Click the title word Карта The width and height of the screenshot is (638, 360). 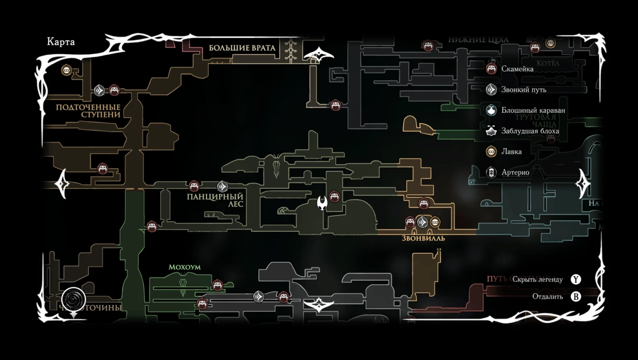click(61, 43)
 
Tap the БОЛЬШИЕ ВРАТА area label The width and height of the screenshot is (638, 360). click(242, 48)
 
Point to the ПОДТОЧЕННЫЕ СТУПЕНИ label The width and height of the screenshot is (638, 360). click(88, 111)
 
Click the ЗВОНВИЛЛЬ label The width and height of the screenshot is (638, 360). click(423, 238)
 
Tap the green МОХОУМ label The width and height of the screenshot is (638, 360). click(184, 267)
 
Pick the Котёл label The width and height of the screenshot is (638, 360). click(548, 63)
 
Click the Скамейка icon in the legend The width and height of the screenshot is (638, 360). click(492, 69)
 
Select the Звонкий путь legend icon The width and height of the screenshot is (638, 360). click(492, 89)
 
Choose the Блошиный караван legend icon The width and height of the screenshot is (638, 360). click(492, 110)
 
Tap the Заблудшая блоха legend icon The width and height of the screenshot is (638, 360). click(492, 131)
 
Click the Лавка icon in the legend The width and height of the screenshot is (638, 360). click(492, 152)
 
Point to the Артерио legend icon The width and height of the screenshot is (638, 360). click(492, 172)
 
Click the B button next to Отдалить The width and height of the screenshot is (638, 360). click(576, 296)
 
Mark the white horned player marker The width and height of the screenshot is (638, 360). click(322, 203)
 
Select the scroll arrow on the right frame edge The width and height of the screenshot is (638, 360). click(583, 184)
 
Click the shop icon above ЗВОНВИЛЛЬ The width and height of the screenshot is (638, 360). click(434, 222)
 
